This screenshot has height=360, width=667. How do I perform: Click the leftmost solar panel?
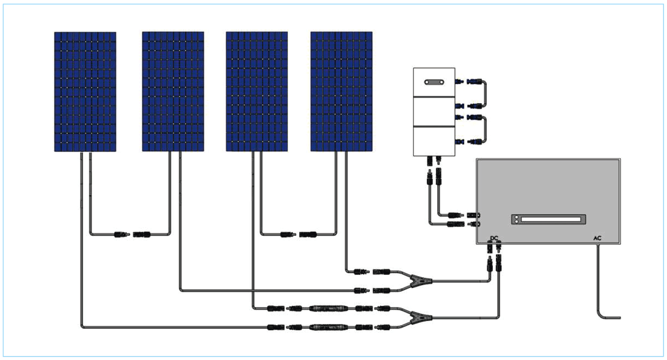(x=85, y=91)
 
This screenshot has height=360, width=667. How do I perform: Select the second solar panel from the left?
(x=173, y=91)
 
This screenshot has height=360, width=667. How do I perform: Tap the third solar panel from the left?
(x=257, y=91)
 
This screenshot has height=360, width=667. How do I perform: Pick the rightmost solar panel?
(x=341, y=91)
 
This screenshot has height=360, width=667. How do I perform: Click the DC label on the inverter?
(x=494, y=238)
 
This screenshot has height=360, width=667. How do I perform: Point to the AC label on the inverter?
(x=597, y=239)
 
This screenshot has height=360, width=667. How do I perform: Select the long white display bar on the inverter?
(x=550, y=219)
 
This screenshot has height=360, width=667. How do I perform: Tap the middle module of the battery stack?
(x=434, y=112)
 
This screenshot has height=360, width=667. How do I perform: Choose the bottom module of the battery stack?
(x=434, y=141)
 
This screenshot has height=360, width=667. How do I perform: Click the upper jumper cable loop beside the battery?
(x=484, y=93)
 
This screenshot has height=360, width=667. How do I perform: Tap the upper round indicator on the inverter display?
(x=516, y=217)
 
